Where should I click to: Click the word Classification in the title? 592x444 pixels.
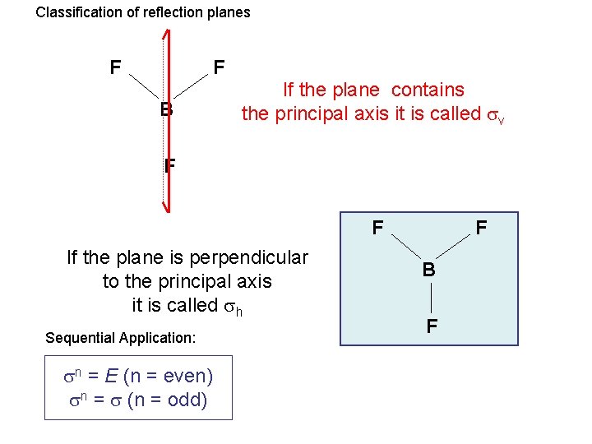pyautogui.click(x=76, y=12)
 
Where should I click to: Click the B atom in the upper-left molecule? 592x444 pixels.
pyautogui.click(x=167, y=109)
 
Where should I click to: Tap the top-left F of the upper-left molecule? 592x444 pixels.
pyautogui.click(x=117, y=67)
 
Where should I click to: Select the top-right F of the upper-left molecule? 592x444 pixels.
pyautogui.click(x=219, y=67)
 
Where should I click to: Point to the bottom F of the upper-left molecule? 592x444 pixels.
pyautogui.click(x=169, y=165)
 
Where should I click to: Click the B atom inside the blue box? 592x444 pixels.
pyautogui.click(x=429, y=269)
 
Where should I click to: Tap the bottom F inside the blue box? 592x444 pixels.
pyautogui.click(x=431, y=326)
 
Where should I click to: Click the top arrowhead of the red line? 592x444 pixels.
pyautogui.click(x=166, y=35)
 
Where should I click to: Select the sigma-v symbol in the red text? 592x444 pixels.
pyautogui.click(x=496, y=115)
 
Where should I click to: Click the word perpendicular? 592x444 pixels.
pyautogui.click(x=249, y=257)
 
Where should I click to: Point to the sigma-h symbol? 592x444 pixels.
pyautogui.click(x=234, y=306)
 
